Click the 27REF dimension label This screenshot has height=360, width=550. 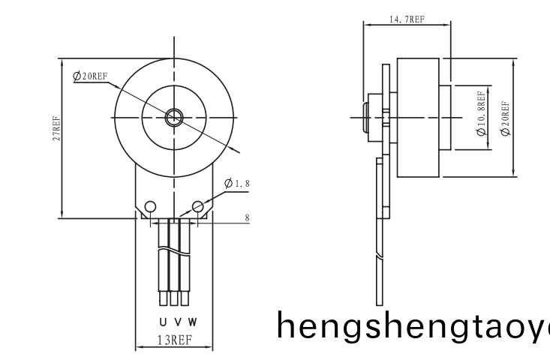click(56, 130)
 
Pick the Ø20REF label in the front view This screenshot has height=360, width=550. click(91, 76)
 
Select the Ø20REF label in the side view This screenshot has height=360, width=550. click(504, 118)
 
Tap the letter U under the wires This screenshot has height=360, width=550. click(163, 322)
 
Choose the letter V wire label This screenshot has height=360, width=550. click(177, 322)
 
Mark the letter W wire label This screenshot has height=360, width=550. click(192, 322)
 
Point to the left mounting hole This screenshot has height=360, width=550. click(151, 206)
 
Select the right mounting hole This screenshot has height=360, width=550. click(199, 206)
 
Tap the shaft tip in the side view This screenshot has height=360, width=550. click(365, 118)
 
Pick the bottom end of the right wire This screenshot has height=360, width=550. click(184, 300)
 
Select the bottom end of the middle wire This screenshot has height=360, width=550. click(174, 300)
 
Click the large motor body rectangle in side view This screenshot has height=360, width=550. click(418, 118)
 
